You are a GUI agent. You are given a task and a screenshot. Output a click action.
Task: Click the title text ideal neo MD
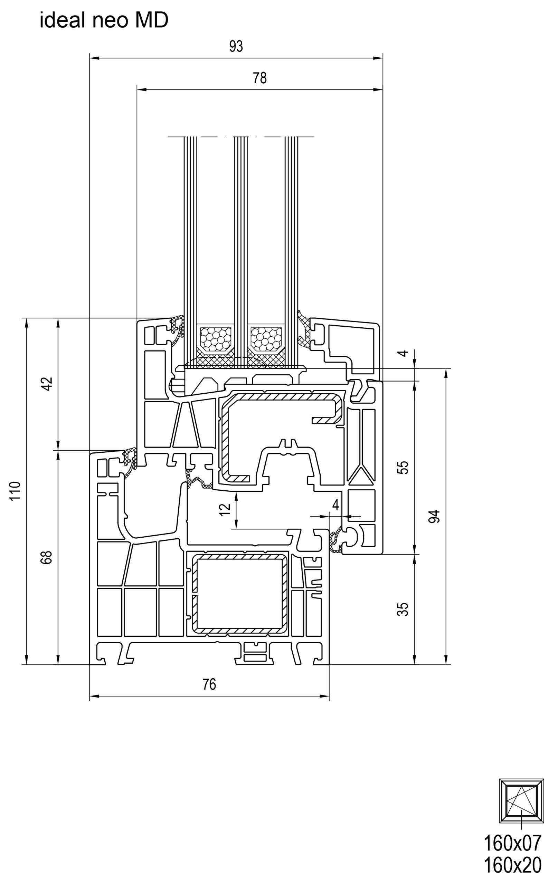pyautogui.click(x=104, y=20)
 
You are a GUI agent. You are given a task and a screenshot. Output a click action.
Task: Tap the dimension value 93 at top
pyautogui.click(x=236, y=46)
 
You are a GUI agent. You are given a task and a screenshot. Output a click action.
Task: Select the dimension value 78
pyautogui.click(x=259, y=78)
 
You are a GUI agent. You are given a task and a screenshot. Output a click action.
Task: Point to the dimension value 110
pyautogui.click(x=15, y=491)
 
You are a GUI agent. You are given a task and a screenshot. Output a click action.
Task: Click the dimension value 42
pyautogui.click(x=47, y=384)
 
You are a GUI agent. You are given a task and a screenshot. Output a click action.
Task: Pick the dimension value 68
pyautogui.click(x=47, y=557)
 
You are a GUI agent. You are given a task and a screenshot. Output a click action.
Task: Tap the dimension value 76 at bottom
pyautogui.click(x=209, y=684)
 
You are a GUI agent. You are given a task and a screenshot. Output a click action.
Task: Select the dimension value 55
pyautogui.click(x=403, y=467)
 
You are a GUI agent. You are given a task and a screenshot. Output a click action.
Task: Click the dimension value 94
pyautogui.click(x=435, y=517)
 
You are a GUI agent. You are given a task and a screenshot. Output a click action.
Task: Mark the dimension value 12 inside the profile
pyautogui.click(x=225, y=510)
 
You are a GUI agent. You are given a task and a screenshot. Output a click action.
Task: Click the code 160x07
pyautogui.click(x=512, y=843)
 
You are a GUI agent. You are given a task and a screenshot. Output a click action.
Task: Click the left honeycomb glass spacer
pyautogui.click(x=216, y=338)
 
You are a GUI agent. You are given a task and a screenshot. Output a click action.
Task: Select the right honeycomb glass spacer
pyautogui.click(x=266, y=338)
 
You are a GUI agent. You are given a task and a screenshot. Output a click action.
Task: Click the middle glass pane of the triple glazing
pyautogui.click(x=240, y=239)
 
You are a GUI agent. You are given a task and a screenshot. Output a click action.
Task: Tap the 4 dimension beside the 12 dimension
pyautogui.click(x=335, y=505)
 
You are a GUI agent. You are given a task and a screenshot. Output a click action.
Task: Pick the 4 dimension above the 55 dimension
pyautogui.click(x=403, y=353)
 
